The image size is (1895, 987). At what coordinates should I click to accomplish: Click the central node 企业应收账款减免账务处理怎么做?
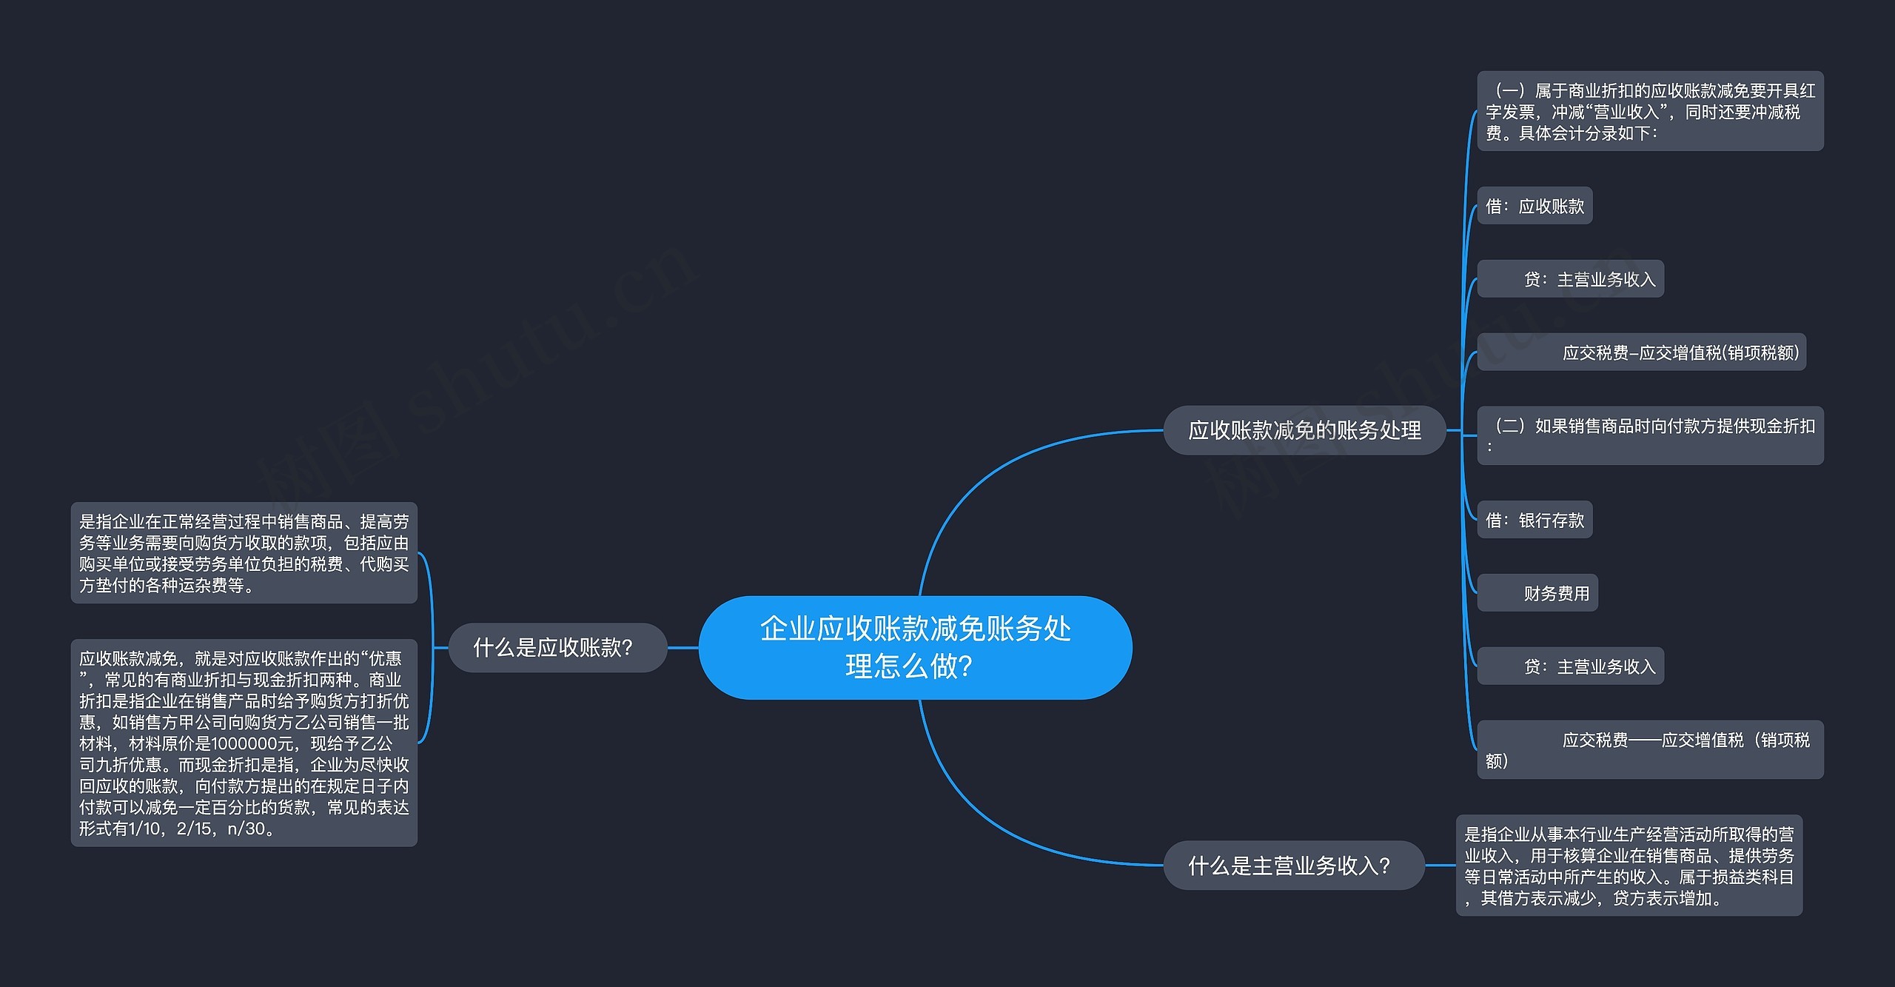click(x=915, y=647)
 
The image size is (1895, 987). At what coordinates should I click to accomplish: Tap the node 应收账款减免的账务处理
click(x=1304, y=430)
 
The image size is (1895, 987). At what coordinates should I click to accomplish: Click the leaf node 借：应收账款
click(x=1535, y=206)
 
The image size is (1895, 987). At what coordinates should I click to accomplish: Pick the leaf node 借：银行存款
click(x=1535, y=520)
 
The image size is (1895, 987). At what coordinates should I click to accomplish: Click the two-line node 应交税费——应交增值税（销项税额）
click(x=1650, y=749)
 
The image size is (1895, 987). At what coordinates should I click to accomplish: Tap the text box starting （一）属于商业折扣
click(x=1650, y=111)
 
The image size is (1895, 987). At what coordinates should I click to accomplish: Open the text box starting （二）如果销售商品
click(x=1650, y=435)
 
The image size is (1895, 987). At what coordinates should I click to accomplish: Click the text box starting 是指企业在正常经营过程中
click(x=244, y=553)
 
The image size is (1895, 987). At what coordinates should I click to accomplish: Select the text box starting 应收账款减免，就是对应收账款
click(x=244, y=743)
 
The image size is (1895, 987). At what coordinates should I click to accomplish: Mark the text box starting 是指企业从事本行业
click(x=1629, y=866)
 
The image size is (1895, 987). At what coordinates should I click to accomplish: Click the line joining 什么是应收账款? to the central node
click(x=683, y=648)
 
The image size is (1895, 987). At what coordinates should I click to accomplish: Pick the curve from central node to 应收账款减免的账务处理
click(x=985, y=474)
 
